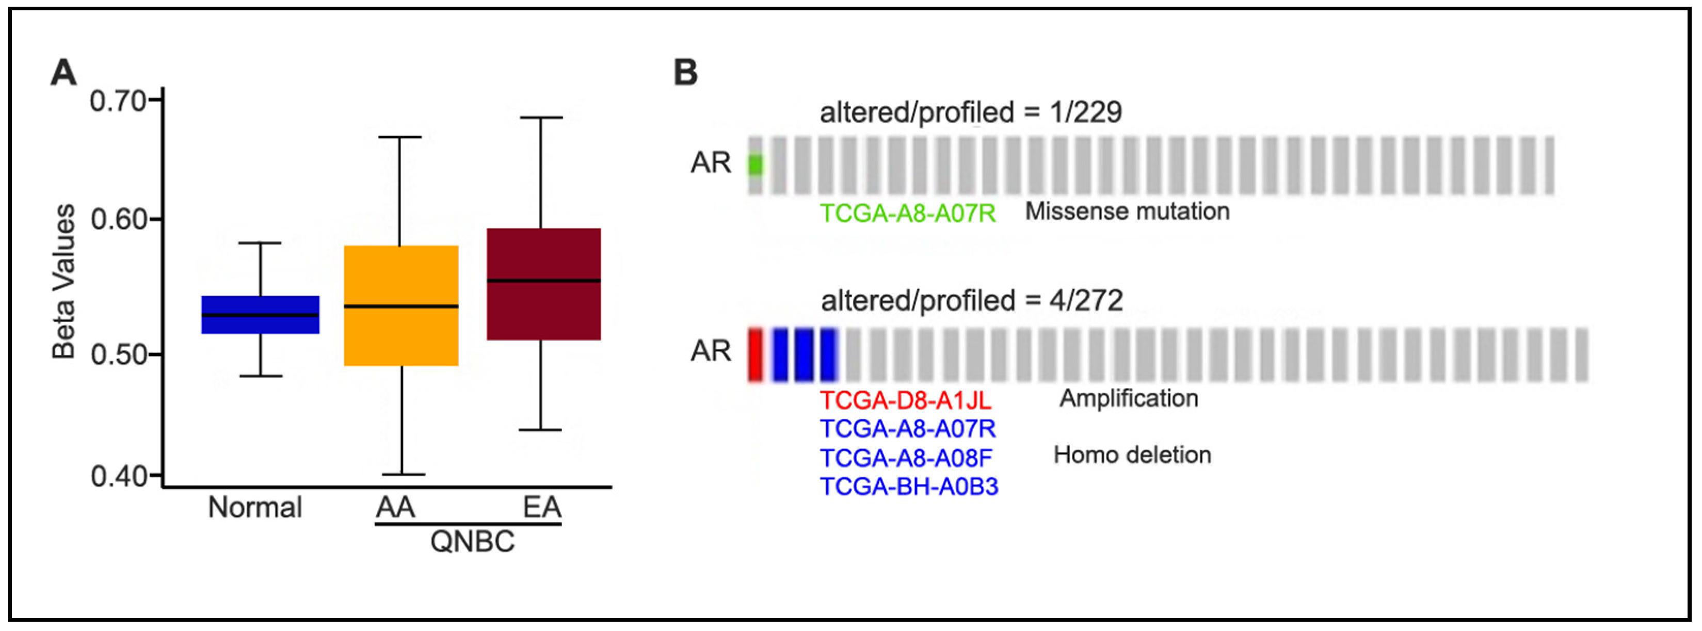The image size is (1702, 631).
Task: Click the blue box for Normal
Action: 260,315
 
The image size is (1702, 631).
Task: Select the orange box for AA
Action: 401,305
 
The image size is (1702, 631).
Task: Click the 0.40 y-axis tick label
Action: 118,476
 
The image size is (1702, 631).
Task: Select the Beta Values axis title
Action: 64,282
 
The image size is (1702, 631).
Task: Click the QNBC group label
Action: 472,542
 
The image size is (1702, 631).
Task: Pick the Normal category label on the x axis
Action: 254,508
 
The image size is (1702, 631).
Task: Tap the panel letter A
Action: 63,72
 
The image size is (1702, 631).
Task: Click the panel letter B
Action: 685,72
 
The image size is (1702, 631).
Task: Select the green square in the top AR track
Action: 755,165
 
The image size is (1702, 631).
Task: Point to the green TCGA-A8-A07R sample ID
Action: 907,213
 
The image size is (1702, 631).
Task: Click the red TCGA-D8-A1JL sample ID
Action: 905,400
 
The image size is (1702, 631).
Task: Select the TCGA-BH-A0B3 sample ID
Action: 908,487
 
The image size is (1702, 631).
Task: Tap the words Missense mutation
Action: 1127,212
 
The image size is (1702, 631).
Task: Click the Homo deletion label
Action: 1132,455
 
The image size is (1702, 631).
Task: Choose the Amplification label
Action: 1129,398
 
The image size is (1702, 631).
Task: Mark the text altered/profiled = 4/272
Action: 971,301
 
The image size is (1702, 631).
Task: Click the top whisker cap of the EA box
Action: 541,118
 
